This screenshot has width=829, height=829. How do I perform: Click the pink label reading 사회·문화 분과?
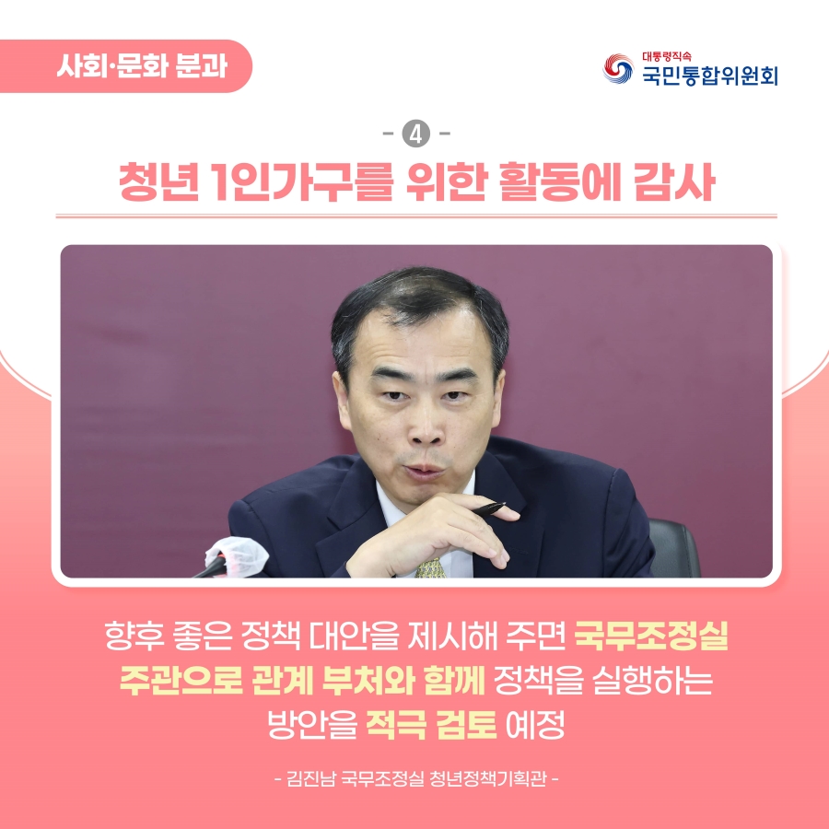coord(126,66)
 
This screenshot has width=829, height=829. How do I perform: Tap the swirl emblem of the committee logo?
coord(618,69)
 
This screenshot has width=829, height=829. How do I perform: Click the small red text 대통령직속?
coord(667,56)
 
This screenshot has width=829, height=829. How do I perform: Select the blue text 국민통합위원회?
coord(710,76)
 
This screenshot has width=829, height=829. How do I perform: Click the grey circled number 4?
coord(416,134)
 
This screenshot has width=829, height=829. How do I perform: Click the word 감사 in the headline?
coord(674,181)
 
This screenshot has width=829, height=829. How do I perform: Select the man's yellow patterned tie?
coord(430,567)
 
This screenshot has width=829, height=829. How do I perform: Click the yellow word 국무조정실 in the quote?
coord(651,636)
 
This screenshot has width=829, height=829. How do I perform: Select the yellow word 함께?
coord(454,680)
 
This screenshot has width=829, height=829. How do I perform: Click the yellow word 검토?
coord(466,725)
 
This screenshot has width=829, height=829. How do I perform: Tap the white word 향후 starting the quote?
coord(134,636)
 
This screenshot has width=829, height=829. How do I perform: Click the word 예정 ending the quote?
coord(535,725)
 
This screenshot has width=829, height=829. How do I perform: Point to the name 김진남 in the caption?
coord(311,778)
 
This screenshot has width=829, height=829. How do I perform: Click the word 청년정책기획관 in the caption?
coord(488,778)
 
